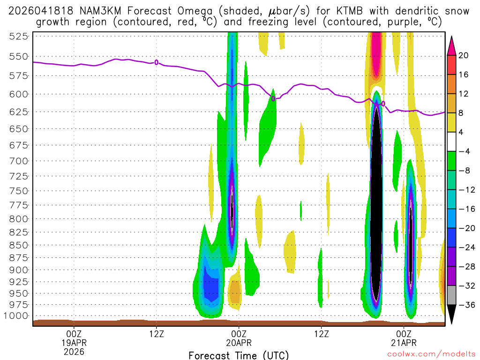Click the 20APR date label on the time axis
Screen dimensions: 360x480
[x=239, y=342]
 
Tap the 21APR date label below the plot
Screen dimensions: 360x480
[x=404, y=342]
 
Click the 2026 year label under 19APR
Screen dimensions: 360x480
[x=74, y=351]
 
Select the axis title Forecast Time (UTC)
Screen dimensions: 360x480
[x=239, y=355]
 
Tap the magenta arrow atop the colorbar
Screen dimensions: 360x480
[x=451, y=45]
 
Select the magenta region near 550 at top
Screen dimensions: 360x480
[x=375, y=52]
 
